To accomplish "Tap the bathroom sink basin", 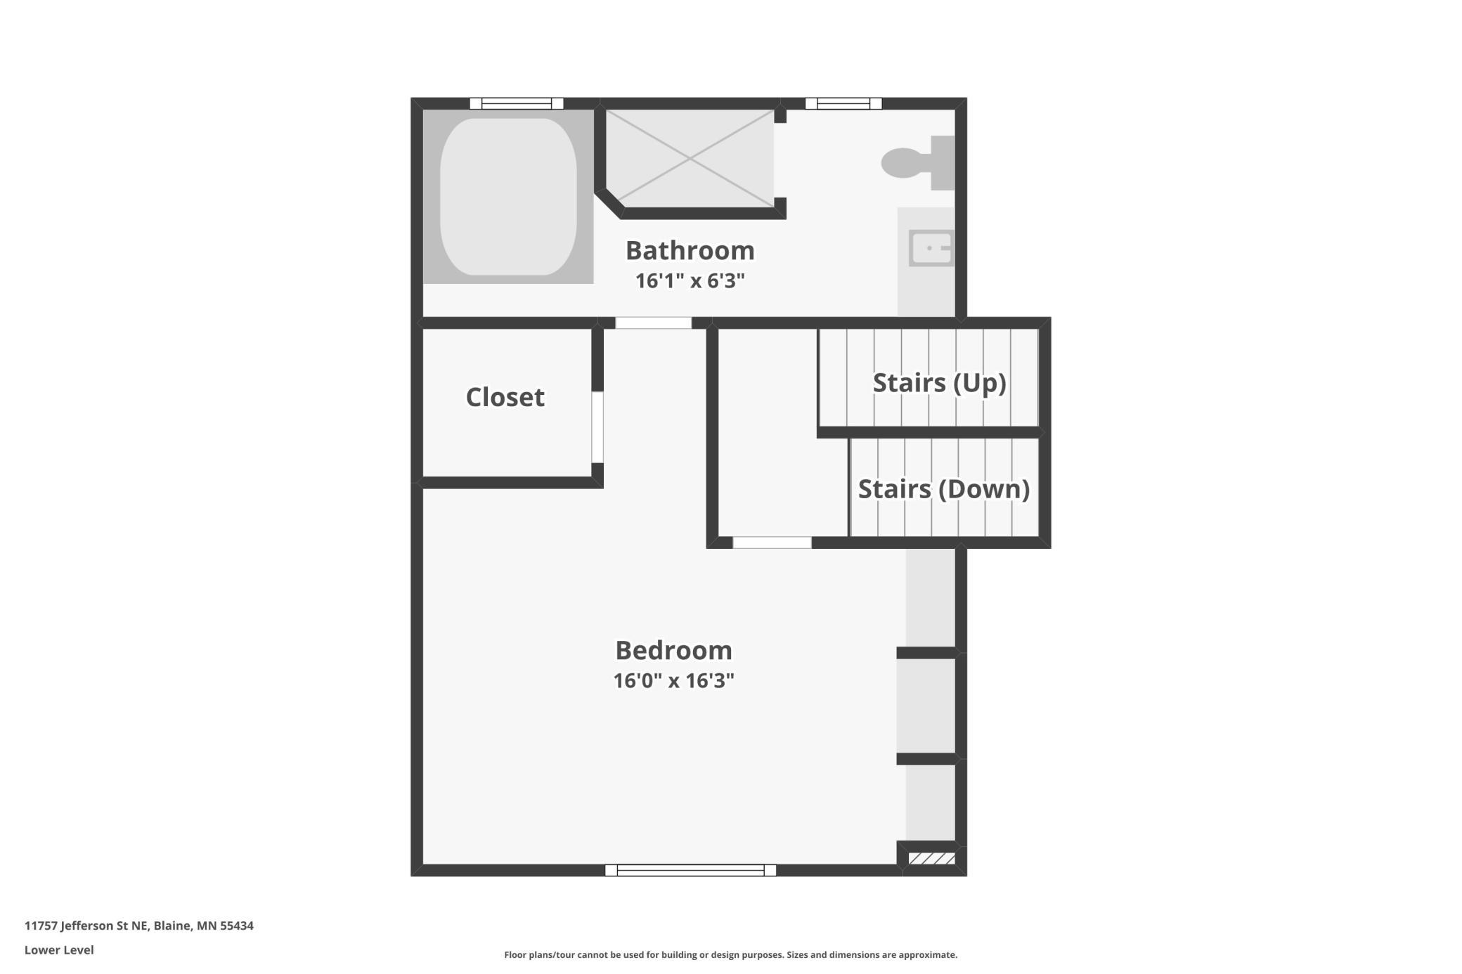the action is coord(931,248).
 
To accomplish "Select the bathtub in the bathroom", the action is coord(508,197).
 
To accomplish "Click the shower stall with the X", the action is coord(690,159).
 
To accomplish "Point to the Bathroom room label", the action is coord(690,250).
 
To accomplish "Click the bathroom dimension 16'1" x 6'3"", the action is coord(690,281).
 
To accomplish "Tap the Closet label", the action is coord(505,397).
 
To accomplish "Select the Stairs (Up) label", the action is coord(940,383).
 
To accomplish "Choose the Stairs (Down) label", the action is coord(944,489).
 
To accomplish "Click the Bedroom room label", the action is coord(674,650).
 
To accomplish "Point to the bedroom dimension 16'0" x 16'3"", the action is coord(674,681).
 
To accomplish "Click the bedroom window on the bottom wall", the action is coord(690,870).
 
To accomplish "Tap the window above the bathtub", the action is coord(517,103).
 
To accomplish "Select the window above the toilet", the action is coord(843,103).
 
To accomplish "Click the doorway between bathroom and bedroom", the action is coord(654,323).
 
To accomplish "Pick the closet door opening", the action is coord(597,427).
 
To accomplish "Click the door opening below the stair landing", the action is coord(772,543).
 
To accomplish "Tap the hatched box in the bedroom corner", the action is coord(932,858).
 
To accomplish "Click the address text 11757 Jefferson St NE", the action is coord(86,926).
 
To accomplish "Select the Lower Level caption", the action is coord(59,950).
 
